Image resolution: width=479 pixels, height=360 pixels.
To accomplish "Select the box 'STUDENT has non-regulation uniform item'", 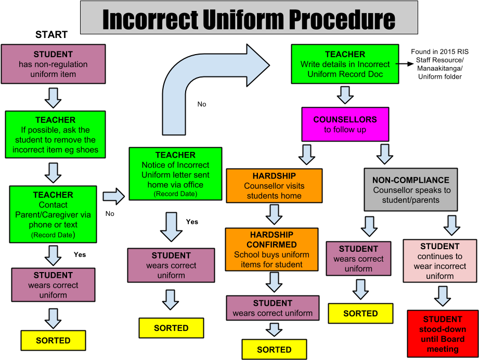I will pyautogui.click(x=53, y=64).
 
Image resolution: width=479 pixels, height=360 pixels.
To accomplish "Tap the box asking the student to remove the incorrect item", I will pyautogui.click(x=55, y=135).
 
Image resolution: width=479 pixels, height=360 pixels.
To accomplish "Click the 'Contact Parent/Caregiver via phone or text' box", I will pyautogui.click(x=53, y=214).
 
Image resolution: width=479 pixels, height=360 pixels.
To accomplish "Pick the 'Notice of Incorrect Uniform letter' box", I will pyautogui.click(x=175, y=174).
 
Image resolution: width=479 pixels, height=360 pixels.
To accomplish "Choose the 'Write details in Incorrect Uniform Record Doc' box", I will pyautogui.click(x=345, y=64).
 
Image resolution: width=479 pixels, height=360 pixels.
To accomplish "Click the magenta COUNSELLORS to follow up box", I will pyautogui.click(x=345, y=124).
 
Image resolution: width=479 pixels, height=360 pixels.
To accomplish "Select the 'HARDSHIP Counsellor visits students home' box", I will pyautogui.click(x=274, y=186).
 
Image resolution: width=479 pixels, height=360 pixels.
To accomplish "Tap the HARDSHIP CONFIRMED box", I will pyautogui.click(x=271, y=249).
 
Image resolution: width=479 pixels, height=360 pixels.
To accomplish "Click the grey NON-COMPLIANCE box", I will pyautogui.click(x=410, y=190).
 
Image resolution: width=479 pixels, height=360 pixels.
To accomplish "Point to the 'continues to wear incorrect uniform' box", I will pyautogui.click(x=440, y=261).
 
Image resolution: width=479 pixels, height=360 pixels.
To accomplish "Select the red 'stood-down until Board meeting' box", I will pyautogui.click(x=443, y=334).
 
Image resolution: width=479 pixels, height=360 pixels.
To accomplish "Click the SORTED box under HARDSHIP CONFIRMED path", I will pyautogui.click(x=274, y=349).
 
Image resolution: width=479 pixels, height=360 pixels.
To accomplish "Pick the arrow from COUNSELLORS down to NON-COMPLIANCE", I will pyautogui.click(x=385, y=154).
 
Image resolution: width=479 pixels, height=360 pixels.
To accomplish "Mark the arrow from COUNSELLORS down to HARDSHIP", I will pyautogui.click(x=306, y=154).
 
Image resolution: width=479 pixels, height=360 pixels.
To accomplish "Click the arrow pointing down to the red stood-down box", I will pyautogui.click(x=443, y=296).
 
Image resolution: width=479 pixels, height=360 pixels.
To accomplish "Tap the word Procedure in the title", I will pyautogui.click(x=342, y=19).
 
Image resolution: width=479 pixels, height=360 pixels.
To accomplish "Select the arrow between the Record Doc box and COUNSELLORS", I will pyautogui.click(x=345, y=95).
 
